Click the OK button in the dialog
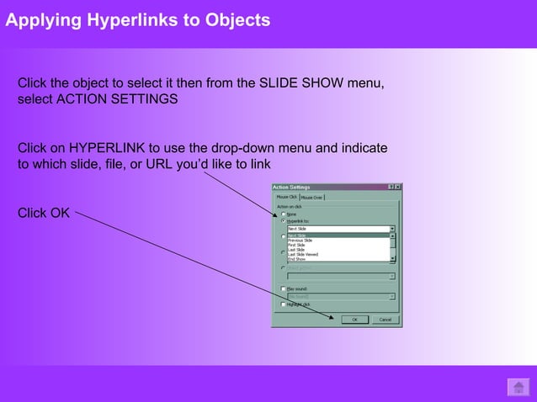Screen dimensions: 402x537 (354, 320)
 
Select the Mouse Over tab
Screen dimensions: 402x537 (313, 198)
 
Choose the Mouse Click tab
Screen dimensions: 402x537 (287, 198)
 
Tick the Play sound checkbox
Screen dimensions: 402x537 (284, 288)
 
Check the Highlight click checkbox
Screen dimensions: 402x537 (284, 304)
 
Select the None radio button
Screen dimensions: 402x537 (284, 214)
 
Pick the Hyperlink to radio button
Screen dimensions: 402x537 (284, 220)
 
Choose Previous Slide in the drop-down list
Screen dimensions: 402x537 (300, 241)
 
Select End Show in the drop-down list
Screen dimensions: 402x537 (297, 259)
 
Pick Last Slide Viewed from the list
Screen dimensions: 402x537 (303, 255)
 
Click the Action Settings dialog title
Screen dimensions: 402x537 (291, 187)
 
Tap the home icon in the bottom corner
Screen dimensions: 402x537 (518, 387)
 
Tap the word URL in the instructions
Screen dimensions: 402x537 (162, 164)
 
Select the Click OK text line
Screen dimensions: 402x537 (44, 213)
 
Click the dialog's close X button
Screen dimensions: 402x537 (398, 187)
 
